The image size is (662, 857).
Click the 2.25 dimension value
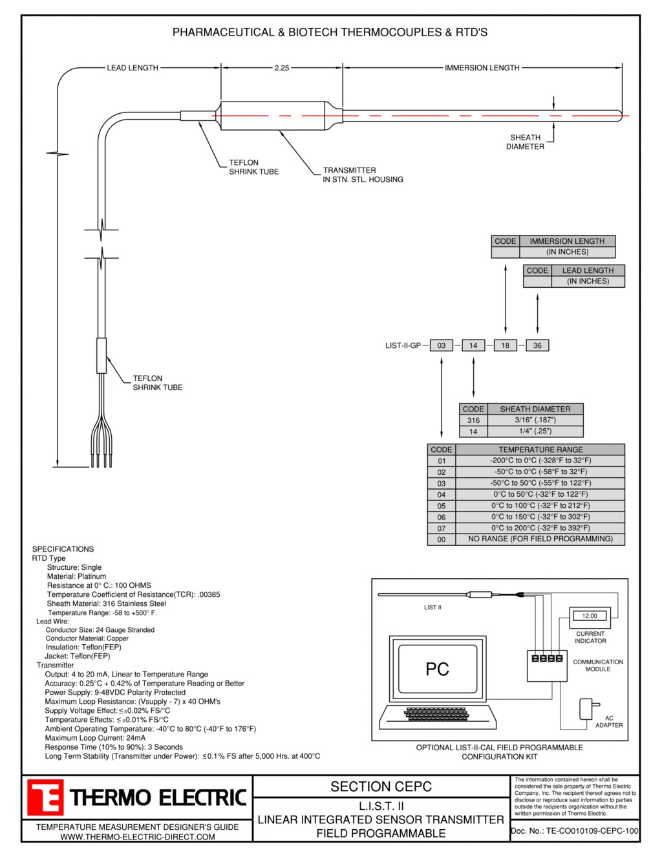tap(282, 68)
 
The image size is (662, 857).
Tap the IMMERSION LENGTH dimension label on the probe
tap(482, 68)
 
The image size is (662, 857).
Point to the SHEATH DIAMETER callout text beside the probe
tap(525, 142)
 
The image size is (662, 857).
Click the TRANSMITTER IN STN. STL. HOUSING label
tap(363, 175)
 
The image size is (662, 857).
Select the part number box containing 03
tap(442, 345)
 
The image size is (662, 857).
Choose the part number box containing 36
tap(537, 345)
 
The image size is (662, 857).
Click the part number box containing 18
tap(505, 345)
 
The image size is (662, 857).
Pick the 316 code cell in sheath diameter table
tap(473, 420)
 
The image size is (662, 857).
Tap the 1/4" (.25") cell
tap(535, 431)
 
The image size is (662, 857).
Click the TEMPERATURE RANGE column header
tap(540, 450)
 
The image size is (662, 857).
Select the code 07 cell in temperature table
tap(442, 528)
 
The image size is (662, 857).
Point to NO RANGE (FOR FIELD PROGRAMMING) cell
tap(540, 539)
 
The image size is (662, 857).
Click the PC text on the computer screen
tap(437, 669)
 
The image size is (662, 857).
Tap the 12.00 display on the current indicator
tap(590, 616)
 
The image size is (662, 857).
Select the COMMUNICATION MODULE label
tap(598, 666)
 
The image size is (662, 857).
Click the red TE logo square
tap(45, 797)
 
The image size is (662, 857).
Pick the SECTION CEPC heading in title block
tap(381, 786)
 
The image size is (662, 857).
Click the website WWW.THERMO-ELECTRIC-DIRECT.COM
tap(138, 837)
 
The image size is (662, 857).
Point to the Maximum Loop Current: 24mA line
tap(95, 738)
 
